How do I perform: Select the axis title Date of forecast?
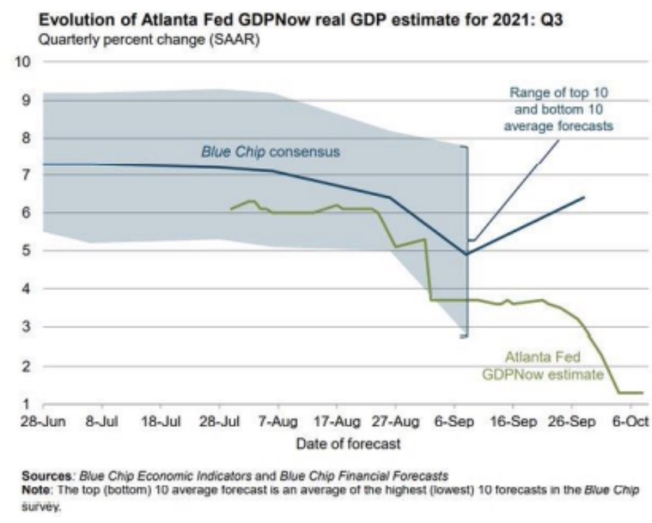(348, 444)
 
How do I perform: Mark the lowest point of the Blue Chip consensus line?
(467, 254)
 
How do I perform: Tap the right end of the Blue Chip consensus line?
(584, 198)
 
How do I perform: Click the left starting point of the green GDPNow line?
(231, 209)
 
